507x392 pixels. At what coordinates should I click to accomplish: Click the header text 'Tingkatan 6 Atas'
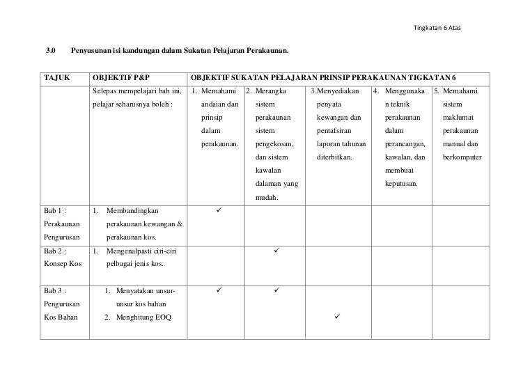coord(437,28)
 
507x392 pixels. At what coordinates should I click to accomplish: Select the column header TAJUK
coord(57,77)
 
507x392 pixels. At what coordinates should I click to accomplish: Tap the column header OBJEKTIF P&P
coord(120,77)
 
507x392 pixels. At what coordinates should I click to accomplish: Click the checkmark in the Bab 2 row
coord(276,249)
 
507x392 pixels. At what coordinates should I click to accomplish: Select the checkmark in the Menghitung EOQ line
coord(337,317)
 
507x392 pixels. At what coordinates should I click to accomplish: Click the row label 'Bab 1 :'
coord(55,210)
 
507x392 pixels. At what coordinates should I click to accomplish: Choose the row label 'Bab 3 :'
coord(55,290)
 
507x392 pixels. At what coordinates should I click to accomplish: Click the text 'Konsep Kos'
coord(62,265)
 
